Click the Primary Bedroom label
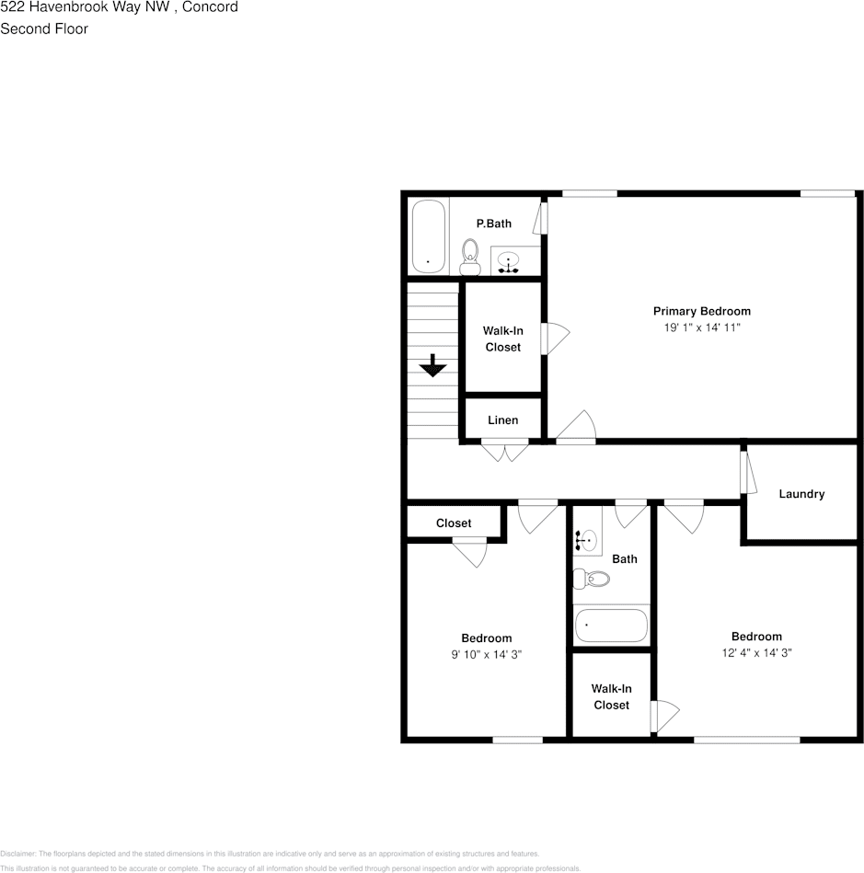701,311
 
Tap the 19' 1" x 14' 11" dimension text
701,327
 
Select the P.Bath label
493,224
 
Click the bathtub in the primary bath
428,236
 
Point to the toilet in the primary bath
471,255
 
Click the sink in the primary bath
509,262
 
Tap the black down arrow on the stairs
432,366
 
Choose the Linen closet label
502,420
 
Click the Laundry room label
801,494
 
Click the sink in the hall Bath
586,540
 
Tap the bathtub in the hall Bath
611,626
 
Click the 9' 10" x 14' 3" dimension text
487,654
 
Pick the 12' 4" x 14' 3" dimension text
756,652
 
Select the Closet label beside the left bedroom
454,523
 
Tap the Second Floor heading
44,29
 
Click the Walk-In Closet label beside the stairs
502,339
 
